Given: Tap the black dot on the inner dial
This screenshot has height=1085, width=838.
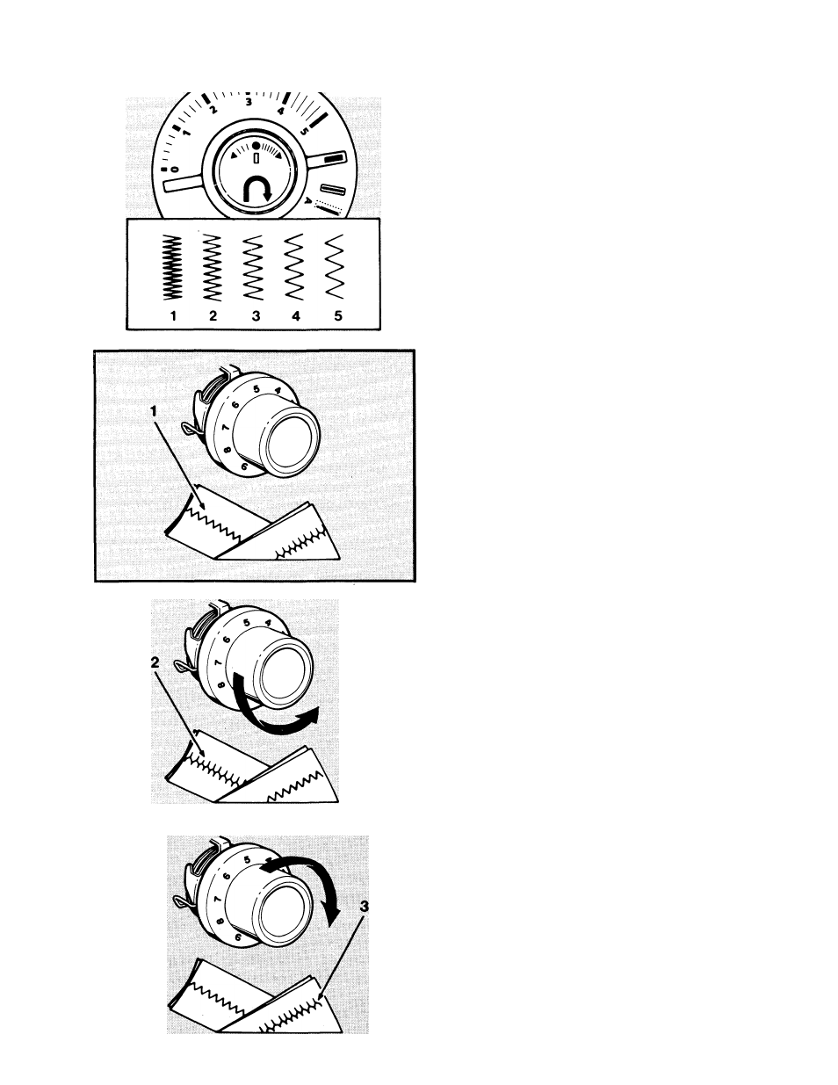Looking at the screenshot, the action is (256, 146).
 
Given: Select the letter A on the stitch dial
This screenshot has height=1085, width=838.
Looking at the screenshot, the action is (308, 201).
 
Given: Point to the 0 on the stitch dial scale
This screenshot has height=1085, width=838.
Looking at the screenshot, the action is (175, 170).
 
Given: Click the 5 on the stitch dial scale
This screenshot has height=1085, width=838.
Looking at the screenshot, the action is (303, 132).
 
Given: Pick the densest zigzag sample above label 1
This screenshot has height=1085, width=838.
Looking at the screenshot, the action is (173, 267).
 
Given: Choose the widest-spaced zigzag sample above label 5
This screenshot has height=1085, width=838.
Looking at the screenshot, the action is (335, 266).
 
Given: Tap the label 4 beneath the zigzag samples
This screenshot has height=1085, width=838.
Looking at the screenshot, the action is (296, 316).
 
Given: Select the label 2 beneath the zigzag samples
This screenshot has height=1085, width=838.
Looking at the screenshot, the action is (213, 316).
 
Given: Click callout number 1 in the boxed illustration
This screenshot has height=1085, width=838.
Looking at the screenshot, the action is (154, 411).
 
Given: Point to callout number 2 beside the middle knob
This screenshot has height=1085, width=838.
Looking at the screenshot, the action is (155, 662).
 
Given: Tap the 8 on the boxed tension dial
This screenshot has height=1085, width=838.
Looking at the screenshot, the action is (228, 450).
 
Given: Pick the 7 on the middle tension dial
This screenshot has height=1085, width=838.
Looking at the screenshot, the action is (218, 663).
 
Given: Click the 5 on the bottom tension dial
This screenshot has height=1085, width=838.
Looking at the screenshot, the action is (247, 860).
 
